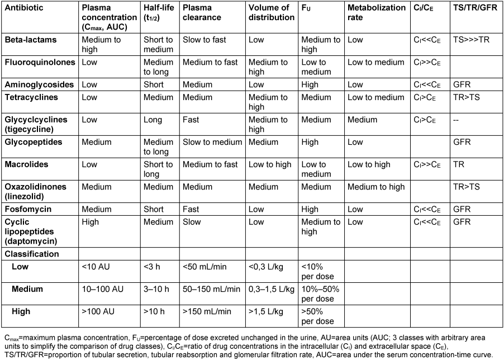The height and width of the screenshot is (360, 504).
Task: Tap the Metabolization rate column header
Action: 376,12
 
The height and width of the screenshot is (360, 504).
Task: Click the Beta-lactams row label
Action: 30,40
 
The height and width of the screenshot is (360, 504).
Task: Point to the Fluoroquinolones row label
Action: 39,62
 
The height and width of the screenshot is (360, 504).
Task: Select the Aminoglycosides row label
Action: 39,84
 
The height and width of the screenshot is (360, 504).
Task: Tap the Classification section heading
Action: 32,254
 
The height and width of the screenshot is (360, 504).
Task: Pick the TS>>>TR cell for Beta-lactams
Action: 472,40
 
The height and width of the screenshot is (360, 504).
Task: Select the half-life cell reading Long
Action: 153,120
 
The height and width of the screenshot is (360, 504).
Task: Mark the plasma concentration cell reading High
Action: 91,222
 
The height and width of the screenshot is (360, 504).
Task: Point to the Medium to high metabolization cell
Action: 376,187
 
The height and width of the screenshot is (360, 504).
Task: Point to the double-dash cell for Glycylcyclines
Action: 458,120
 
